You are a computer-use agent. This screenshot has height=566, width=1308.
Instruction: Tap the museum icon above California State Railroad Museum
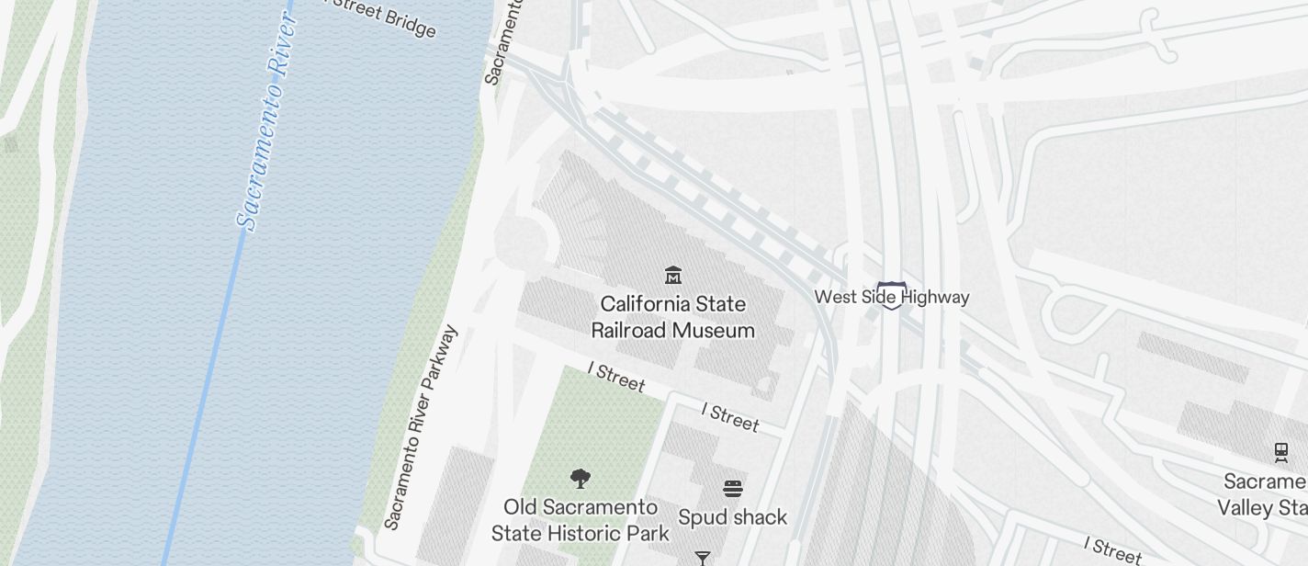673,275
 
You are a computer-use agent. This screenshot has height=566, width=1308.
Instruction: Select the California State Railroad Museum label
673,317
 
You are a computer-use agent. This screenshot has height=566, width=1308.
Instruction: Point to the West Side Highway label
891,297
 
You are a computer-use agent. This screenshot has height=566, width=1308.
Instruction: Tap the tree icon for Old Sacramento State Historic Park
580,478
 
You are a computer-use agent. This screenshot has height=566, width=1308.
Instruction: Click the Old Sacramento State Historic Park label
581,520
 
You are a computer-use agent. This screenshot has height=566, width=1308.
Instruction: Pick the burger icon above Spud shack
732,488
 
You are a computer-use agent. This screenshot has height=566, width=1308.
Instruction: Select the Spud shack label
732,517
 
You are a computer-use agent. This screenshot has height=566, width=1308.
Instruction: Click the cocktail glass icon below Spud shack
703,558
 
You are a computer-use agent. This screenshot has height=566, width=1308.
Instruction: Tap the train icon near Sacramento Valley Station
1280,452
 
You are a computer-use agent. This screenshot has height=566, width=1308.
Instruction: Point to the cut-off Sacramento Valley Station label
1262,495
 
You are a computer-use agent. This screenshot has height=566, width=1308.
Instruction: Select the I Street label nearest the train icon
1112,549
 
